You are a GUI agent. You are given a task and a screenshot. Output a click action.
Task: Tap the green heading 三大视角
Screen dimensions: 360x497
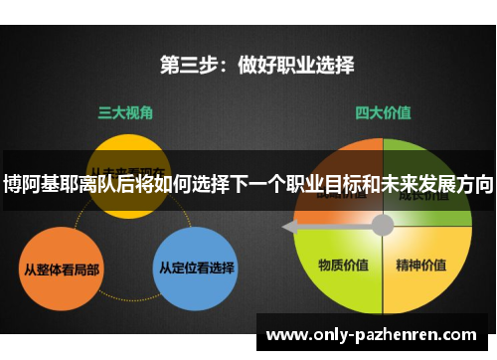pos(123,113)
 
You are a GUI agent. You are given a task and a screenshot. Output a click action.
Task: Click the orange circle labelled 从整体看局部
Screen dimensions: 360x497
pos(61,268)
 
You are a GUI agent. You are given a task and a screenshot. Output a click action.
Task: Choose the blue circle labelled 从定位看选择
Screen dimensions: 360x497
pos(196,268)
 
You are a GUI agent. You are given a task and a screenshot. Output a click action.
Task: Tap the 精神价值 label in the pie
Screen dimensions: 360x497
pos(420,266)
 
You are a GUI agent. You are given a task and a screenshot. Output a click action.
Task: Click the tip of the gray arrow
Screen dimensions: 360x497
pos(288,228)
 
